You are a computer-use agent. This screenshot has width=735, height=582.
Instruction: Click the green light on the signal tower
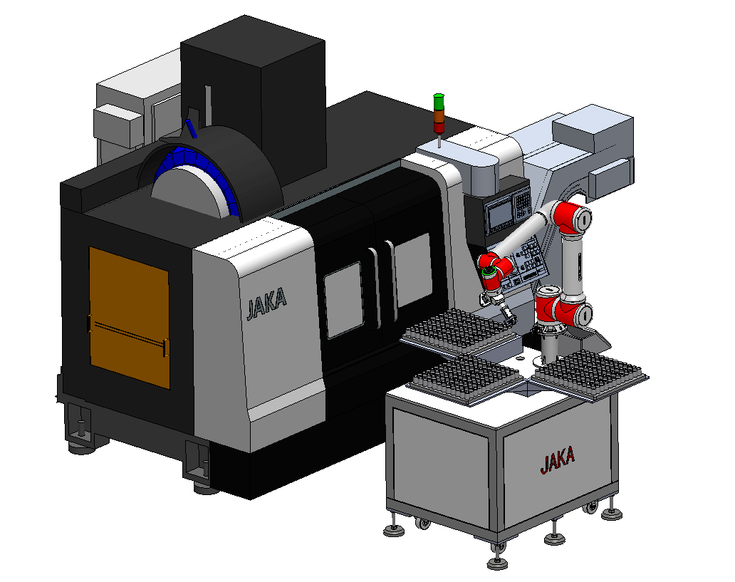439,101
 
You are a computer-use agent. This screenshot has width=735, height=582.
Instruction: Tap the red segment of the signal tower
439,128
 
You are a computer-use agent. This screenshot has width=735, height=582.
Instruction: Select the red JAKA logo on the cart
558,459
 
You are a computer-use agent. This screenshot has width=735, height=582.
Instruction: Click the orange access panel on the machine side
130,318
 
